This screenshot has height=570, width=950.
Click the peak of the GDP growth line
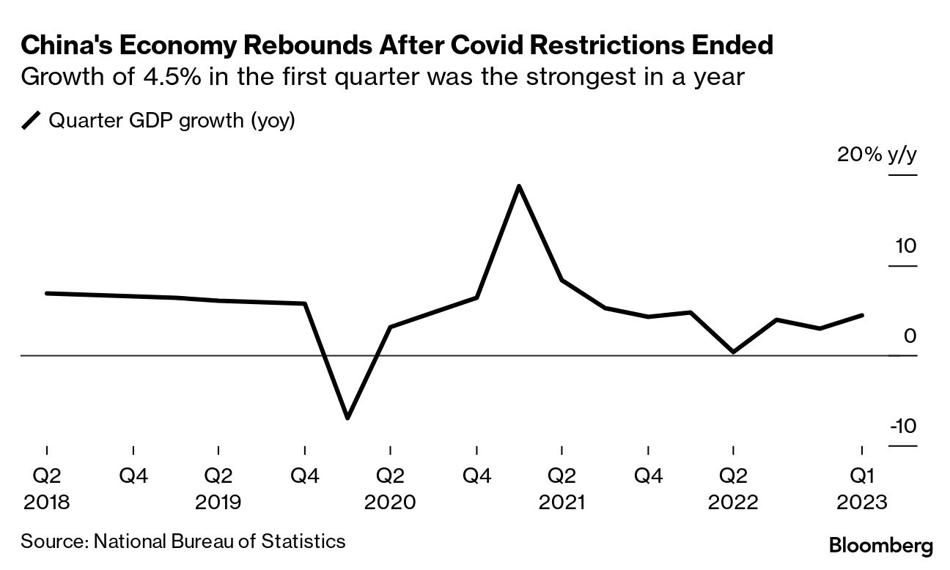[519, 187]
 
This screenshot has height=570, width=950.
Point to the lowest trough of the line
[347, 418]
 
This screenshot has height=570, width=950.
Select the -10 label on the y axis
[902, 426]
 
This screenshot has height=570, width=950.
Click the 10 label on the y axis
[905, 245]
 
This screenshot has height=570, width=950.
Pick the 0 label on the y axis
[910, 336]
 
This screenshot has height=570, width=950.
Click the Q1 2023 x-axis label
[861, 477]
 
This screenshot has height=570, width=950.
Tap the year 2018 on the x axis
[47, 502]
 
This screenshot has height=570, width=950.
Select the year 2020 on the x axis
[390, 502]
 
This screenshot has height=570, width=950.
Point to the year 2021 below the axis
[561, 502]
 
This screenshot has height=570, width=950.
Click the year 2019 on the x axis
[218, 502]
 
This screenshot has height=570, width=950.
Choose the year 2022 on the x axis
[733, 502]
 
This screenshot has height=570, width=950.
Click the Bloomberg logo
[880, 546]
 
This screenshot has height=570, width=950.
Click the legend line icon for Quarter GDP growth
[32, 120]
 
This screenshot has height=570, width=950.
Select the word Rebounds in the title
[295, 46]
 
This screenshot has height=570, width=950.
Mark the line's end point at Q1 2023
[861, 315]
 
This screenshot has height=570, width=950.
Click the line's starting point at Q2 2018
[47, 293]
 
